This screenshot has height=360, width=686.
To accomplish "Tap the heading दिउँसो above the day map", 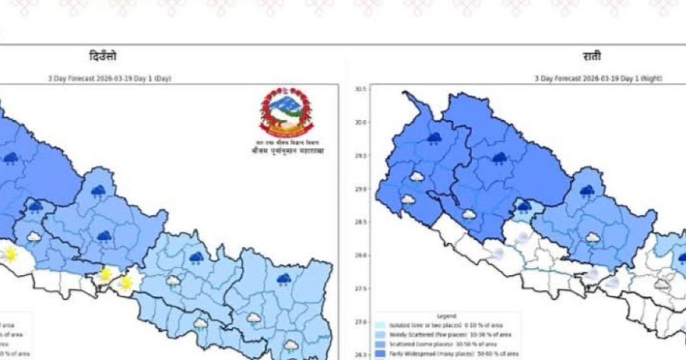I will tap(103, 57).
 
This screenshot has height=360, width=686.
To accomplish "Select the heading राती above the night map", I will tap(592, 57).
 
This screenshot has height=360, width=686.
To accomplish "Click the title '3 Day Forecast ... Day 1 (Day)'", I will tap(109, 78).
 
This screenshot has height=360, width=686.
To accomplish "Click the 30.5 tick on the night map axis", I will tap(361, 89).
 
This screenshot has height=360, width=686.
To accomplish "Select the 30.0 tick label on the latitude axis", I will tap(361, 122).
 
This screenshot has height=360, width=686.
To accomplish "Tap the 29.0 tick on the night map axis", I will tap(361, 189).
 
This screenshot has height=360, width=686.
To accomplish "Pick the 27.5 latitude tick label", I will tap(361, 289).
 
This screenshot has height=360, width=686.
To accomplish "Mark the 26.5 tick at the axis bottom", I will tap(361, 355).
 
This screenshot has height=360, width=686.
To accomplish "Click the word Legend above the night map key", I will tap(446, 315).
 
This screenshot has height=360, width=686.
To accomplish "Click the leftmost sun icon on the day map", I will tap(10, 254).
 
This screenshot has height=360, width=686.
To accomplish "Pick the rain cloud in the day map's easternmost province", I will tap(284, 279).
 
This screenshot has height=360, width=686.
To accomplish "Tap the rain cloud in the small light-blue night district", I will tap(524, 206).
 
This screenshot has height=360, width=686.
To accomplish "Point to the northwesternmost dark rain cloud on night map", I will tap(434, 138).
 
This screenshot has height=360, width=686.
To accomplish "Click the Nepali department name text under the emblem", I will tap(286, 151).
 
